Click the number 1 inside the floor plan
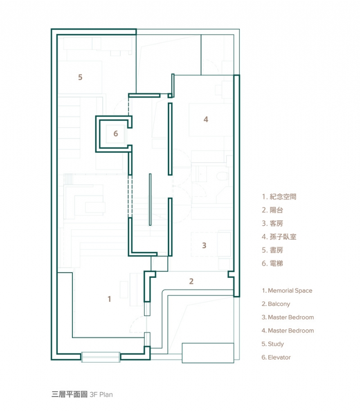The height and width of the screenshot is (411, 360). pos(109,299)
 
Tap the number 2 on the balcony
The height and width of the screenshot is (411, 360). pos(191,281)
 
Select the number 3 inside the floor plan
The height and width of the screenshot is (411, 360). pos(204,246)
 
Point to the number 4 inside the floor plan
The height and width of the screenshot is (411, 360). pos(206,120)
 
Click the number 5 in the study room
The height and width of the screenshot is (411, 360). pos(80,77)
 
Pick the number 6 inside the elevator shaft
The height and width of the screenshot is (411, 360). pos(116,134)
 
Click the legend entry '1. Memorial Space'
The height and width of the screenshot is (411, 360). pos(287,291)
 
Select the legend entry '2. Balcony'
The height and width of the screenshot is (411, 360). pos(276,304)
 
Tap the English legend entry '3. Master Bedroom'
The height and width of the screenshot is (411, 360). pos(288,317)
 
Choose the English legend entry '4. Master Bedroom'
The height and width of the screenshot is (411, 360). pos(288,331)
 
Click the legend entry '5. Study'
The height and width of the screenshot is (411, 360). pos(273,344)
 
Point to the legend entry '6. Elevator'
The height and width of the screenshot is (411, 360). pos(276,357)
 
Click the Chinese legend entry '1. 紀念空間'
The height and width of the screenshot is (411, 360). pos(279,197)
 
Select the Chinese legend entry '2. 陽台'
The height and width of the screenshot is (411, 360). pos(273,210)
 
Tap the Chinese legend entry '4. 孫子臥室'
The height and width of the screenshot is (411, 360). pos(279,237)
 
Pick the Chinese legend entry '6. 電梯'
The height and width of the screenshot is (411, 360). pos(273,264)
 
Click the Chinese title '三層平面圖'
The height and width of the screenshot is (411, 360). pos(70,395)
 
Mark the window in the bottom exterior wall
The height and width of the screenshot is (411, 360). pos(101,357)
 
